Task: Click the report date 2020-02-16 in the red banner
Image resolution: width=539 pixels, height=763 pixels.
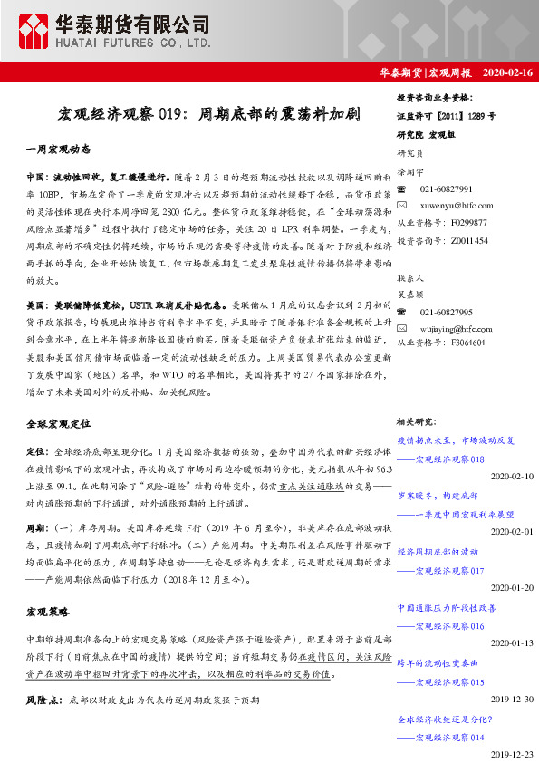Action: pyautogui.click(x=508, y=72)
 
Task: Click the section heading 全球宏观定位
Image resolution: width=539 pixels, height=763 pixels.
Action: pyautogui.click(x=59, y=423)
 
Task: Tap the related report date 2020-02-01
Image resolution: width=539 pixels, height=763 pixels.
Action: pyautogui.click(x=512, y=531)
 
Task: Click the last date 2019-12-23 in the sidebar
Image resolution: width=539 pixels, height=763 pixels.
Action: pyautogui.click(x=512, y=754)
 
